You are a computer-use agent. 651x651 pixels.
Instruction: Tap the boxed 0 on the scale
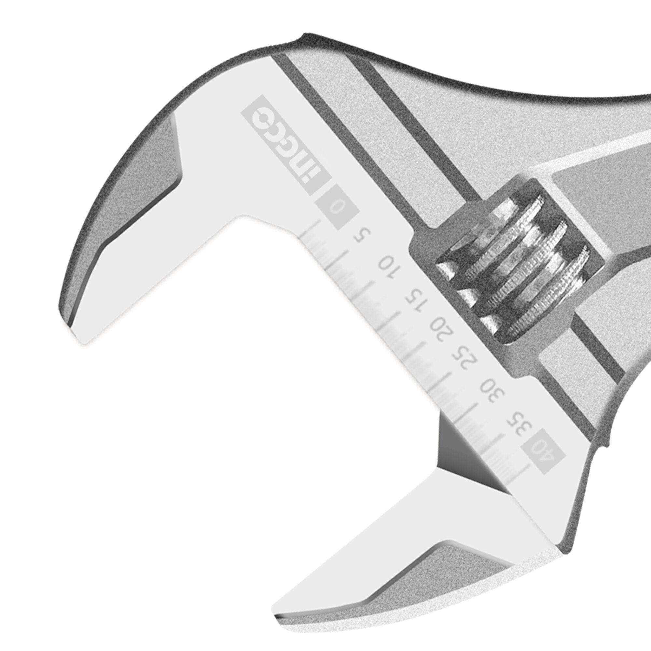point(337,207)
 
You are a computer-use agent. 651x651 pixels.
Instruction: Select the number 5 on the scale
point(362,236)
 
